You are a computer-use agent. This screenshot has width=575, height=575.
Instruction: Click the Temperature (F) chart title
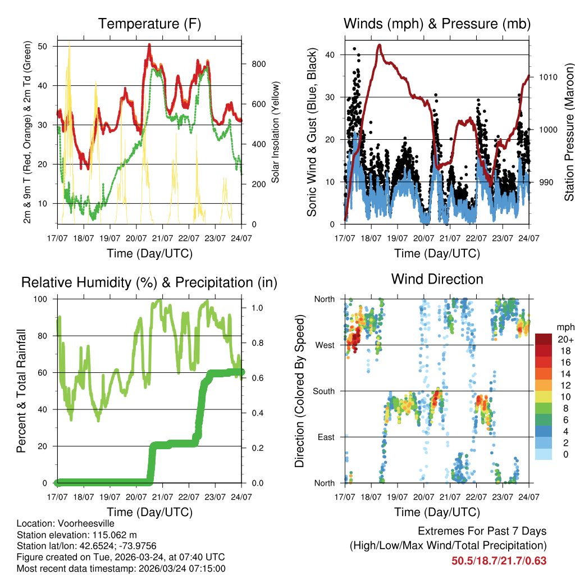point(149,24)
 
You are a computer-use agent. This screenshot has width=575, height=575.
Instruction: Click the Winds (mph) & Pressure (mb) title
point(437,24)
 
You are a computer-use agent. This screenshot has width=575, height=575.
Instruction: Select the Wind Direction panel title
point(437,279)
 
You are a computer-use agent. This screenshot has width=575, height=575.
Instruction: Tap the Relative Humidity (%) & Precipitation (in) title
point(149,282)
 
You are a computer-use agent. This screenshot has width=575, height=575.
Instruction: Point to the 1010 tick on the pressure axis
point(548,77)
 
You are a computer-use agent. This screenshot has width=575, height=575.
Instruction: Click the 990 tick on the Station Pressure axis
point(546,182)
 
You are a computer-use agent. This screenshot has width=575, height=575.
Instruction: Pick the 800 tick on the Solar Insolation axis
point(258,64)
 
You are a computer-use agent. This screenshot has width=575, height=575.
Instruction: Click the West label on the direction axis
point(325,345)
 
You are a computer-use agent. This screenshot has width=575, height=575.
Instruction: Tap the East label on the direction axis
point(326,437)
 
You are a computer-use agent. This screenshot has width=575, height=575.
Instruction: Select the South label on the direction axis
point(323,391)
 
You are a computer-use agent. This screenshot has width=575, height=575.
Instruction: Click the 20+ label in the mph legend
point(565,339)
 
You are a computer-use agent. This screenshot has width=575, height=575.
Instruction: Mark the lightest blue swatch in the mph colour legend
point(543,454)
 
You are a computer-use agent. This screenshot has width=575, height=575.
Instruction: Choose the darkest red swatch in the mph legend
point(543,339)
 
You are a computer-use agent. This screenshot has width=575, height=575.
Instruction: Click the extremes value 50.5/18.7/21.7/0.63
point(499,560)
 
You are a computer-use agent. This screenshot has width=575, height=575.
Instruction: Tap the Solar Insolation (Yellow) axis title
point(276,133)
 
